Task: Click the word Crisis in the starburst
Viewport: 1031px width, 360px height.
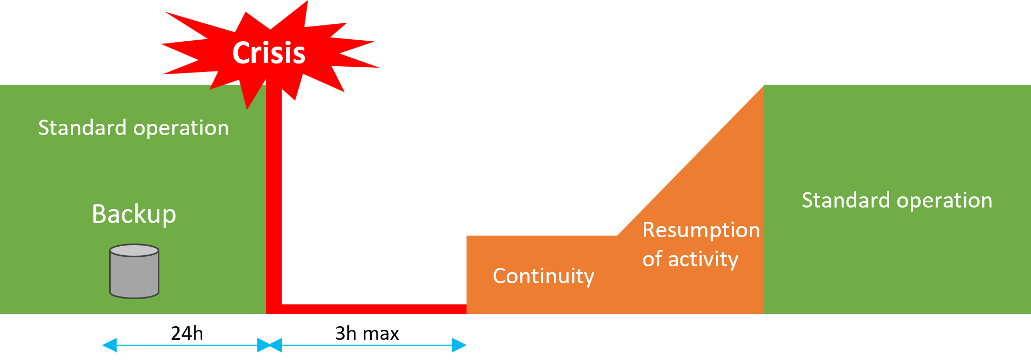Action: pos(269,53)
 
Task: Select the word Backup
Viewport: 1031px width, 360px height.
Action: pos(134,214)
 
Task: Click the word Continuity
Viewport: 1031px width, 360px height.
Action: pos(543,276)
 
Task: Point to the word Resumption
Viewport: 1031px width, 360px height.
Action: pos(701,230)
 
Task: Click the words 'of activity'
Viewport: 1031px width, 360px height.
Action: pos(690,259)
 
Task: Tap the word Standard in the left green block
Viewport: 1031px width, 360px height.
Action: pos(82,128)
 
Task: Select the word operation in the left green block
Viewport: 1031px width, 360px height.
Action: pos(181,128)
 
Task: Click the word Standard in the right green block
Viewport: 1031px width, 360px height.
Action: pos(846,200)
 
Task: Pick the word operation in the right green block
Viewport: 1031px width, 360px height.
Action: pos(945,200)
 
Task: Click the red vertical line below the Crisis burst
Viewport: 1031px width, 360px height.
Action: pos(273,201)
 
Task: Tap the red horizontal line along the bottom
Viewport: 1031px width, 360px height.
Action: pos(371,309)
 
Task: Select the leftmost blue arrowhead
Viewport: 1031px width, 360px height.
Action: pos(109,346)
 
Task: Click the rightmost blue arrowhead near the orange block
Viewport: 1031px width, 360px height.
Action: pos(460,346)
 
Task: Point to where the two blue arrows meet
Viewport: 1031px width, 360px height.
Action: pos(270,346)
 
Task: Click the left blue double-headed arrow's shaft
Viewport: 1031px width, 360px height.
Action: pos(185,346)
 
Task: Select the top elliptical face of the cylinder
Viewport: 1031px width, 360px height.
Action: pos(134,250)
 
